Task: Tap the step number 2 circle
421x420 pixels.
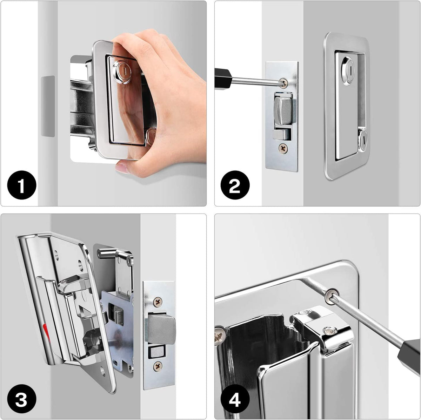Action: point(235,186)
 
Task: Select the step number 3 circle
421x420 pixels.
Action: point(21,400)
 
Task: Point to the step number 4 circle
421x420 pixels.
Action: point(235,400)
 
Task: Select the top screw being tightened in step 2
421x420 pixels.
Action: point(285,83)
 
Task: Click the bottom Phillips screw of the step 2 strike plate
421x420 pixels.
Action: point(283,149)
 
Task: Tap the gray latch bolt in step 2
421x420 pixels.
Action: point(283,110)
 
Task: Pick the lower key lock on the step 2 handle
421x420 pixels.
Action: point(363,139)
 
